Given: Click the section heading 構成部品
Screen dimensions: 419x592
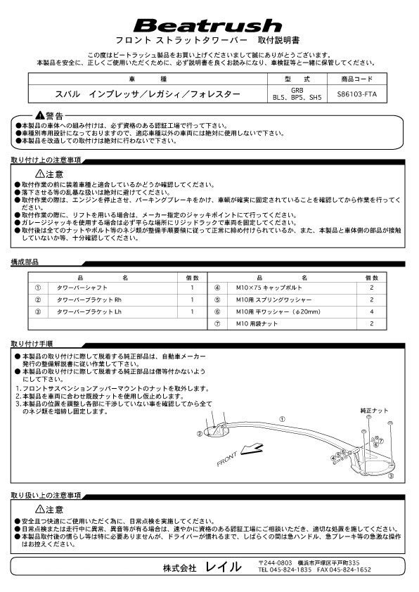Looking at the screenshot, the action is pos(25,261).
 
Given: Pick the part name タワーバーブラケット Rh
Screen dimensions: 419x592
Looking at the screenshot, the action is pos(103,300).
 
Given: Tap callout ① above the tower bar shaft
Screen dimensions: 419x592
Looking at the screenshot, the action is pos(282,420).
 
